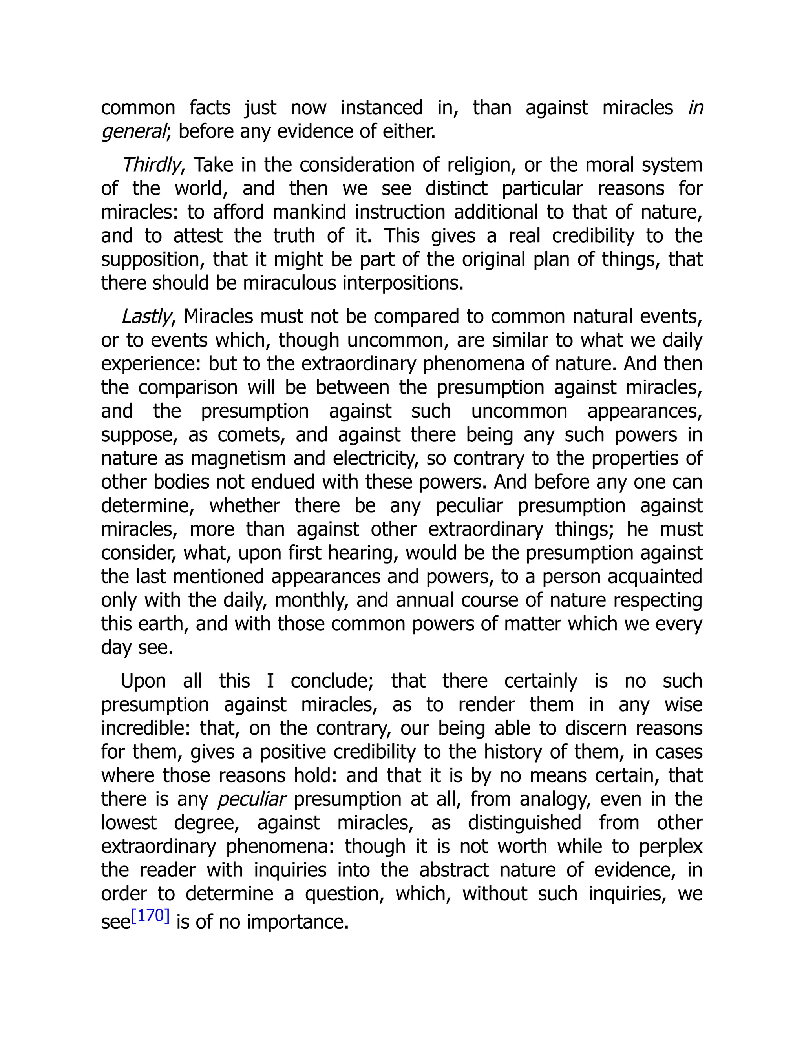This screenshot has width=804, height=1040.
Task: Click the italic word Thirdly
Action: pos(151,165)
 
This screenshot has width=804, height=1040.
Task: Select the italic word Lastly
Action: pos(146,317)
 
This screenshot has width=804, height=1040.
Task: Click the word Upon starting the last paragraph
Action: pos(143,681)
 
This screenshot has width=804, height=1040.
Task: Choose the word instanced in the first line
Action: pos(382,108)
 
